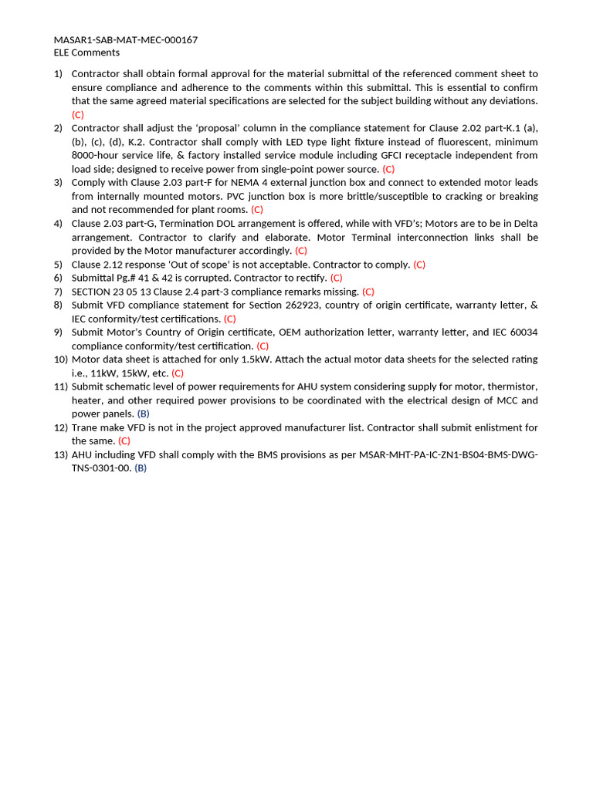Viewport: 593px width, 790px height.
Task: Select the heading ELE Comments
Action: coord(86,52)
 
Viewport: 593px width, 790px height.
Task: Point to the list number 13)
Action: coord(60,454)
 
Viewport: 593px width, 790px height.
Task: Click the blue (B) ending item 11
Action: coord(143,414)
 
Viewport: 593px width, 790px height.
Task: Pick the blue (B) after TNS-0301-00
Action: coord(140,468)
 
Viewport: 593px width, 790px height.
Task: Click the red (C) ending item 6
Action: coord(336,278)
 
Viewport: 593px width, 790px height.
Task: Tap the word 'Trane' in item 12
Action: coord(86,427)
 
